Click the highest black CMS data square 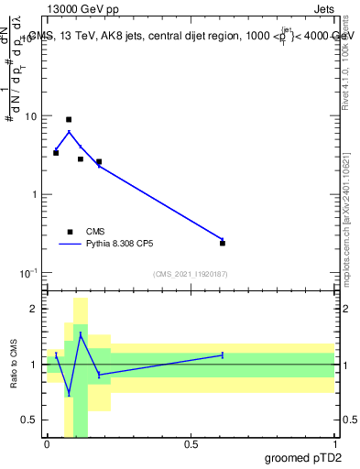point(69,120)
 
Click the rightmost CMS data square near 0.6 point(223,243)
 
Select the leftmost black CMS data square point(56,153)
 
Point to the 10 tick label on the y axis point(30,117)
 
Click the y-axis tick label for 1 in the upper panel point(34,195)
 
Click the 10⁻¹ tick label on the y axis point(28,273)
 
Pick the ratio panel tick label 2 point(35,309)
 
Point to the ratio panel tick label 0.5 point(30,420)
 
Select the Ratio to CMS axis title point(14,365)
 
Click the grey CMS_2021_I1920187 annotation point(189,274)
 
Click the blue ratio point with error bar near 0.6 point(223,354)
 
